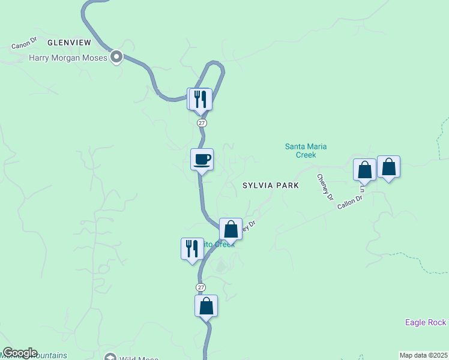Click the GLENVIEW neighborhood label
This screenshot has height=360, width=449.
pyautogui.click(x=69, y=43)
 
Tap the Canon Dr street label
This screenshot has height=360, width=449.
pyautogui.click(x=24, y=43)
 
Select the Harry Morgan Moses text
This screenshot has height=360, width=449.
pyautogui.click(x=68, y=58)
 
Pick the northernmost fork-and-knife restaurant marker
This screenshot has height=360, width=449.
pyautogui.click(x=201, y=99)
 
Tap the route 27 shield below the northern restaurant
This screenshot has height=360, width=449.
pyautogui.click(x=202, y=122)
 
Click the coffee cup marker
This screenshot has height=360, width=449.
pyautogui.click(x=202, y=160)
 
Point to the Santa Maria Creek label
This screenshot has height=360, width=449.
pyautogui.click(x=306, y=151)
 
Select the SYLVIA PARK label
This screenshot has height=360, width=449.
pyautogui.click(x=270, y=186)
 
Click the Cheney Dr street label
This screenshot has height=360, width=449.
pyautogui.click(x=325, y=183)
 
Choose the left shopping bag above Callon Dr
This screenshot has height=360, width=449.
pyautogui.click(x=364, y=170)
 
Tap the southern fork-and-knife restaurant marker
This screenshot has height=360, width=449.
pyautogui.click(x=191, y=248)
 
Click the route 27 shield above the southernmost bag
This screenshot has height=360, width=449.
pyautogui.click(x=201, y=287)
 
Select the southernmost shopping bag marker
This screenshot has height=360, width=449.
pyautogui.click(x=206, y=306)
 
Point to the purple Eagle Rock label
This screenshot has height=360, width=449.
pyautogui.click(x=426, y=322)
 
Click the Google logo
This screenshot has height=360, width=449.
pyautogui.click(x=20, y=353)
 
